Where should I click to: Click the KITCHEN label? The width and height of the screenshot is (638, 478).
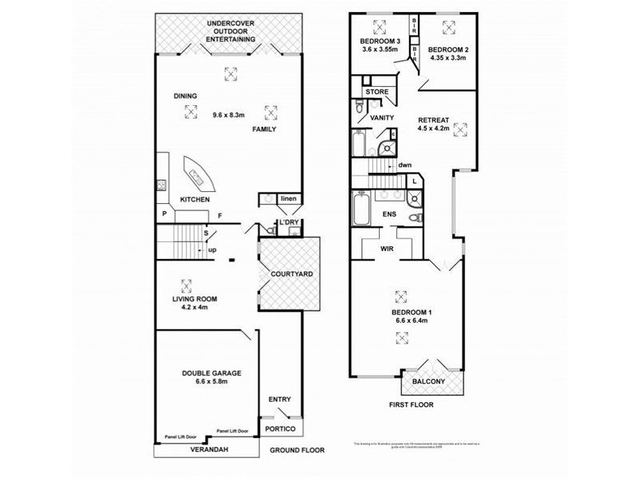click(195, 199)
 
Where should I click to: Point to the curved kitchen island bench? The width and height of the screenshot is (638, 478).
click(196, 170)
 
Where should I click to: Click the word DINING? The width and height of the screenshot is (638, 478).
click(185, 96)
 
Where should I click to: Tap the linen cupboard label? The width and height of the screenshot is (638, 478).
click(288, 198)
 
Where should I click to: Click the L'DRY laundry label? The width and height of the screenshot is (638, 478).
click(287, 222)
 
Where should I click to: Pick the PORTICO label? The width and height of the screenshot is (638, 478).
click(281, 429)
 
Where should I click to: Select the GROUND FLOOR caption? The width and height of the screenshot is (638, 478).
click(297, 450)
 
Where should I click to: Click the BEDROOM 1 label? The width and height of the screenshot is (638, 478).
click(410, 312)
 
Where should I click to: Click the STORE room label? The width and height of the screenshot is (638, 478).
click(377, 92)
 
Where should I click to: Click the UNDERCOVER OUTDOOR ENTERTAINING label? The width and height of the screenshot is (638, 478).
click(230, 30)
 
